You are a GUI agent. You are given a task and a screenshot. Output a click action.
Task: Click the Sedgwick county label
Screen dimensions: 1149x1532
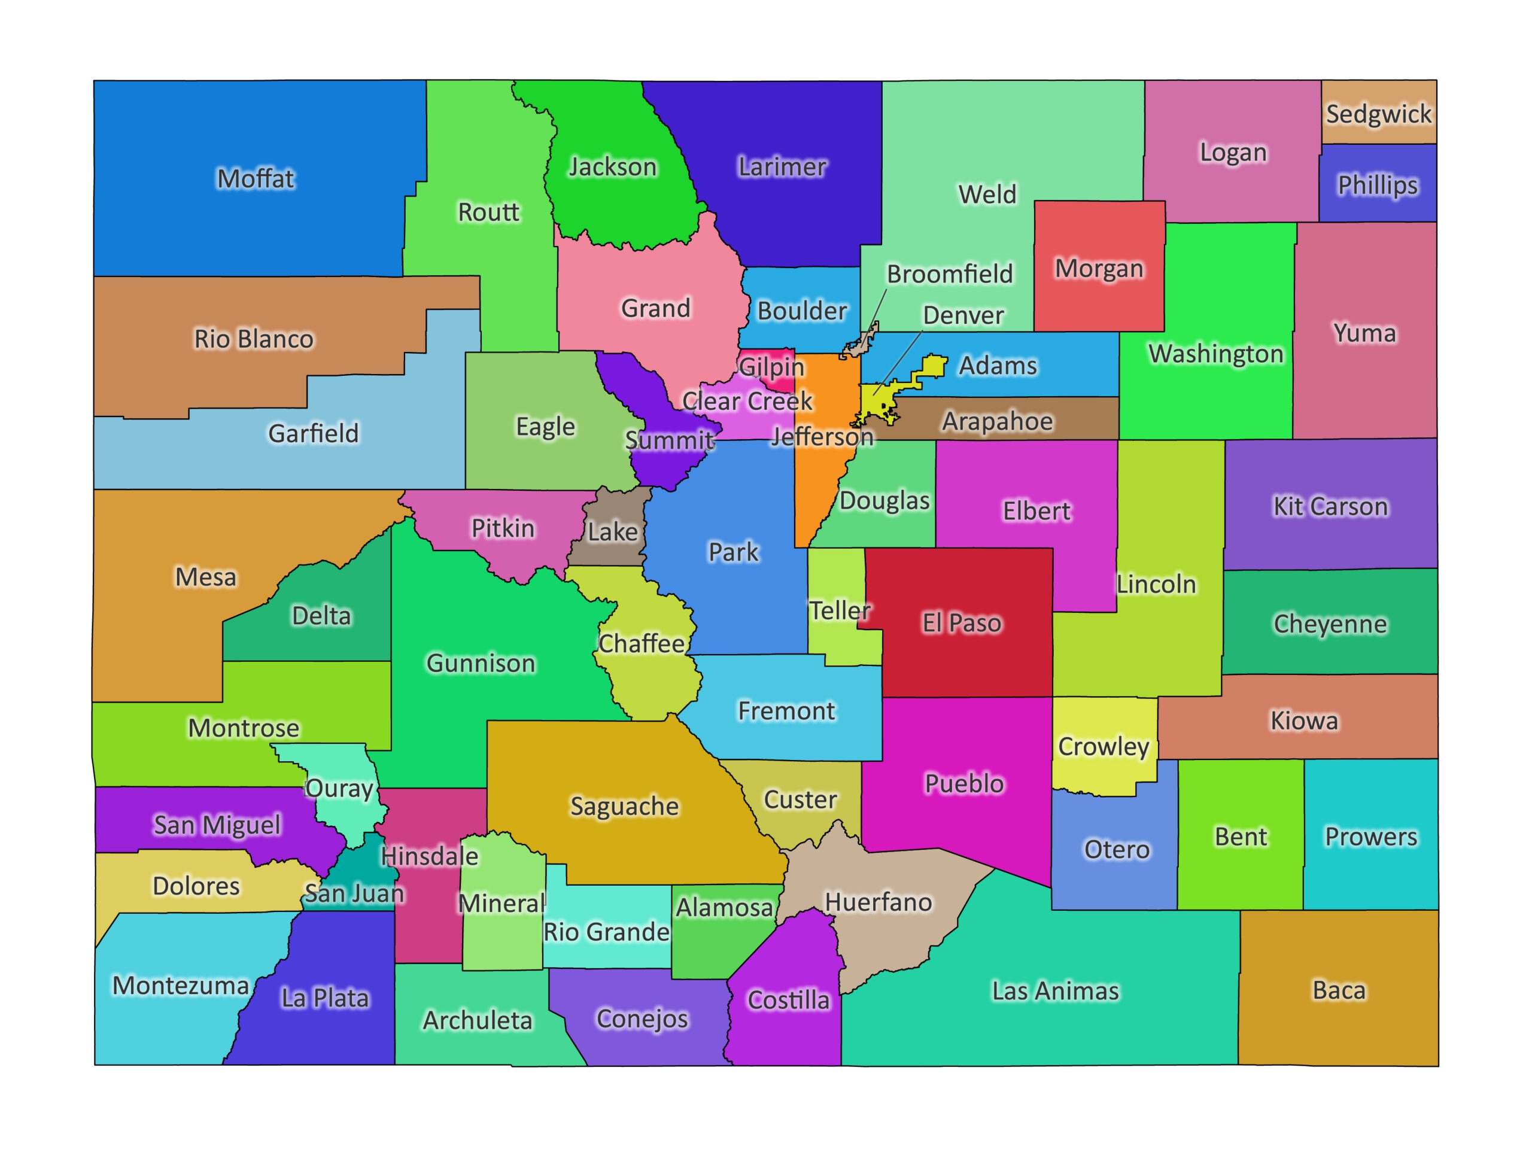tap(1378, 114)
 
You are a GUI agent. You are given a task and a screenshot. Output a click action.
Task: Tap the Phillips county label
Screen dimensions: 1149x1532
tap(1377, 185)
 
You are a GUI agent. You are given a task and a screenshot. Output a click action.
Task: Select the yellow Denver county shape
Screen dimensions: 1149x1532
tap(874, 402)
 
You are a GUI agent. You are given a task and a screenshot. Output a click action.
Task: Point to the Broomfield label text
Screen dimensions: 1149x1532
tap(950, 274)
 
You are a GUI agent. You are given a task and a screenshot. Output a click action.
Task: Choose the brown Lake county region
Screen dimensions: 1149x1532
tap(612, 532)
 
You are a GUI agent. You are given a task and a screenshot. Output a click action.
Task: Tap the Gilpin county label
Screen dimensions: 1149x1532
tap(771, 366)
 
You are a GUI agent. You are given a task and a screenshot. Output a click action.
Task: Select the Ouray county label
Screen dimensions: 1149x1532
tap(339, 788)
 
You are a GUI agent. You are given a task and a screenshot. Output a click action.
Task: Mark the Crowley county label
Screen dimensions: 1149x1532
tap(1104, 747)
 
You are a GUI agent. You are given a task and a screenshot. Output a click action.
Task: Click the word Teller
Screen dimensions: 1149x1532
tap(840, 610)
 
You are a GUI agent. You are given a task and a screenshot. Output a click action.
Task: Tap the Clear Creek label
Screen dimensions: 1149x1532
tap(747, 401)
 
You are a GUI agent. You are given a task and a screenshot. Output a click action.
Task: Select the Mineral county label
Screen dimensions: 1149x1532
tap(501, 903)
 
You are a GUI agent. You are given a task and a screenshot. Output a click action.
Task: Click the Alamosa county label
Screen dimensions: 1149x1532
tap(724, 907)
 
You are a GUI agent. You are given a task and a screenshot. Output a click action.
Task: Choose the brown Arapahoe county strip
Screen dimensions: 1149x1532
tap(998, 421)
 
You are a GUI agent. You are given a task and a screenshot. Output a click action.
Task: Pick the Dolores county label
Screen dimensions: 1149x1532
tap(196, 886)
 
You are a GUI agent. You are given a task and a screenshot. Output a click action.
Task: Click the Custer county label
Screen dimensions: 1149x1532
tap(800, 800)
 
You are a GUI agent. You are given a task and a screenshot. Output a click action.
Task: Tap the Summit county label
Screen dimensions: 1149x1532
tap(668, 440)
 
